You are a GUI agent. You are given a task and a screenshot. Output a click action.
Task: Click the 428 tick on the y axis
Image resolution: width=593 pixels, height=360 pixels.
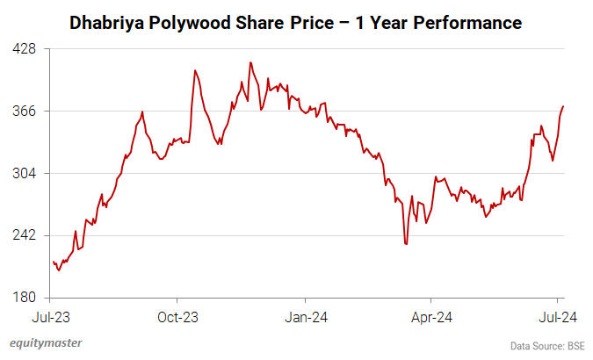click(25, 49)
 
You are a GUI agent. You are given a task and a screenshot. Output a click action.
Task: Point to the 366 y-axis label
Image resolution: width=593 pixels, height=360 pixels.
click(25, 112)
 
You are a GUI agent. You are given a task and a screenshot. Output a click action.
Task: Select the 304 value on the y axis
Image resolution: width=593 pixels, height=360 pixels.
click(25, 174)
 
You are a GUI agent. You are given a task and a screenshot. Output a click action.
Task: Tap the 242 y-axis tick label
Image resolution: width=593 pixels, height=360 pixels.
click(25, 235)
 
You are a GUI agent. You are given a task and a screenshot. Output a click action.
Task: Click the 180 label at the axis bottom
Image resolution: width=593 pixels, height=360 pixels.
click(25, 298)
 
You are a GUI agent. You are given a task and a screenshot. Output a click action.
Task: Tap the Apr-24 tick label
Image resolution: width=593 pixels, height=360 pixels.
click(432, 316)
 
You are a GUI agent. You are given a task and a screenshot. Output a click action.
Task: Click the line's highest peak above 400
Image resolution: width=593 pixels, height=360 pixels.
click(250, 62)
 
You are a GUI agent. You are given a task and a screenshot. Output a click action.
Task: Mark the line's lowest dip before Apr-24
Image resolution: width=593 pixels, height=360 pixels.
click(406, 244)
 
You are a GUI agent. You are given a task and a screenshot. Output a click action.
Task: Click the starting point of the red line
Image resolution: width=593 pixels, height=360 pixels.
click(53, 262)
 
